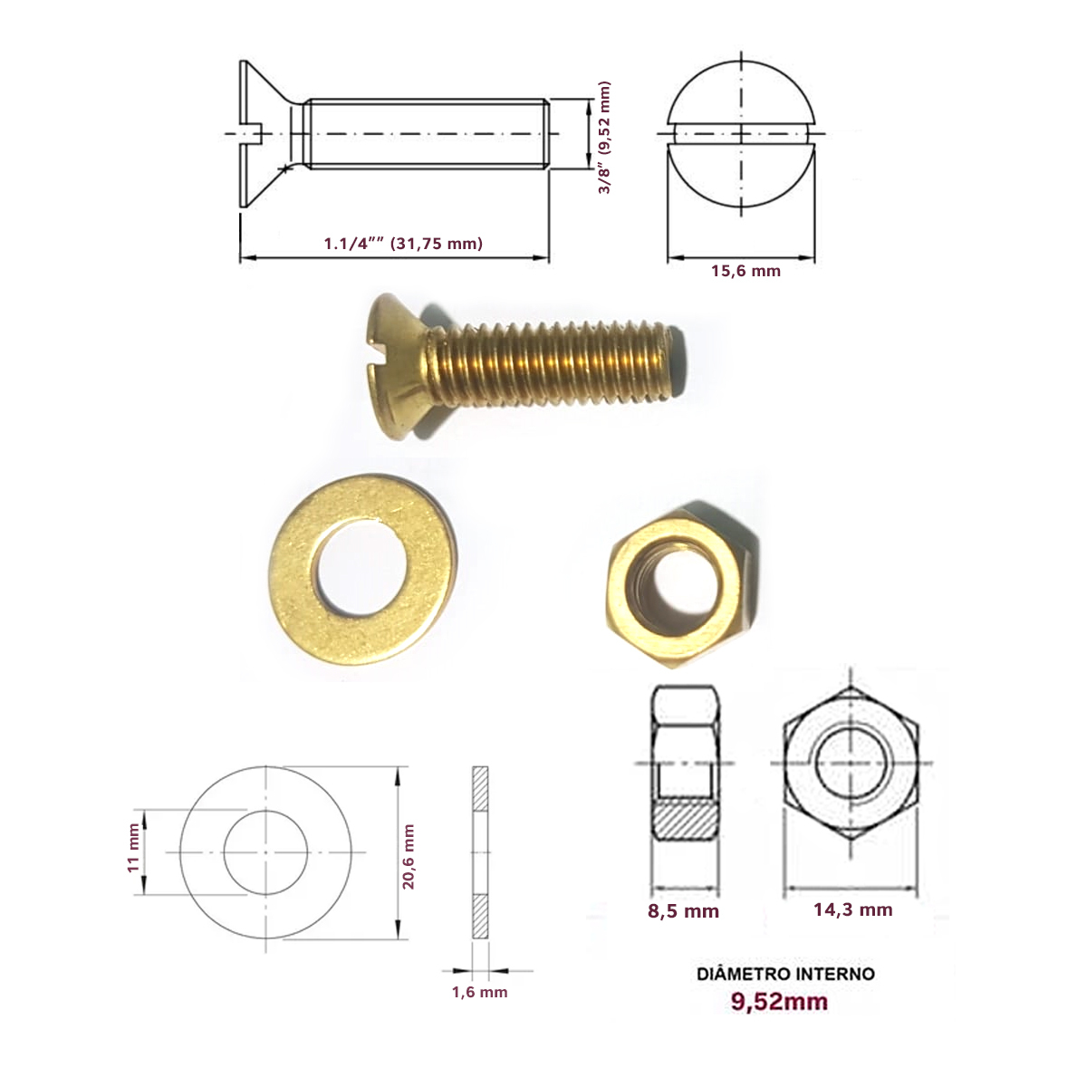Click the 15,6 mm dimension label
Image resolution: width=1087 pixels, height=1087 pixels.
(746, 271)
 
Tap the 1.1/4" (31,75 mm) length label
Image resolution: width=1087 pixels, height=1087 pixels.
(403, 243)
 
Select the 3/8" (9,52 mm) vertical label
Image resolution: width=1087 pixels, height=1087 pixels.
(604, 138)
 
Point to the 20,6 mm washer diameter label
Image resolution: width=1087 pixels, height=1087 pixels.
(408, 856)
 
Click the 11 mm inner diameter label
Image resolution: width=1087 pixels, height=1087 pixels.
(133, 848)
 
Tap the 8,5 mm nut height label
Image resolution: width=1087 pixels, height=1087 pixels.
(683, 927)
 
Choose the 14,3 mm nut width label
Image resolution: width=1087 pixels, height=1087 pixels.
(853, 925)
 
